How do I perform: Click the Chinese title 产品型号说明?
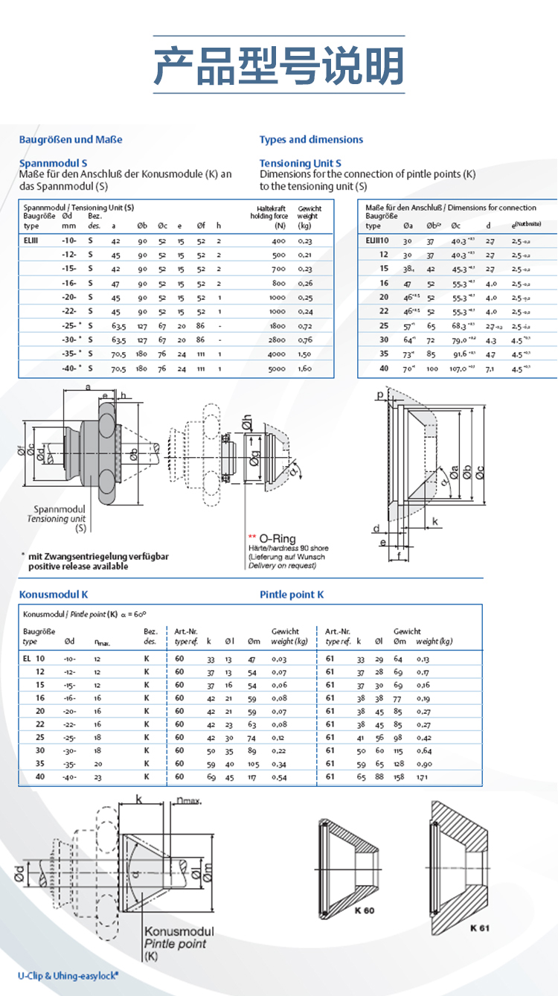coord(278,66)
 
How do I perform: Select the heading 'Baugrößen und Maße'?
coord(70,139)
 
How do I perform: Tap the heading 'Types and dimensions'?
coord(311,139)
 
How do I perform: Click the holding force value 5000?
coord(277,368)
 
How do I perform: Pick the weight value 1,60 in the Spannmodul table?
coord(305,368)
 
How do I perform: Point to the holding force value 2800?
coord(277,340)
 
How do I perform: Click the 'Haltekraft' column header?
coord(267,208)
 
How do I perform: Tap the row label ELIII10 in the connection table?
coord(377,240)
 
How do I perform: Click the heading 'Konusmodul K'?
coord(54,594)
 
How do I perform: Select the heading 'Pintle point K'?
coord(292,594)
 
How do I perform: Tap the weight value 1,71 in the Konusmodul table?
coord(423,777)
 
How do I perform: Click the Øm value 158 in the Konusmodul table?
coord(399,777)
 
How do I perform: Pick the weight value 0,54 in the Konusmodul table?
coord(280,777)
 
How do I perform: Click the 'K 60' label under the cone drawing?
coord(365,910)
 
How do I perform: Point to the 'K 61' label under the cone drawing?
coord(481,928)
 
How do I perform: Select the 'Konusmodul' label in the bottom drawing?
coord(179,931)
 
